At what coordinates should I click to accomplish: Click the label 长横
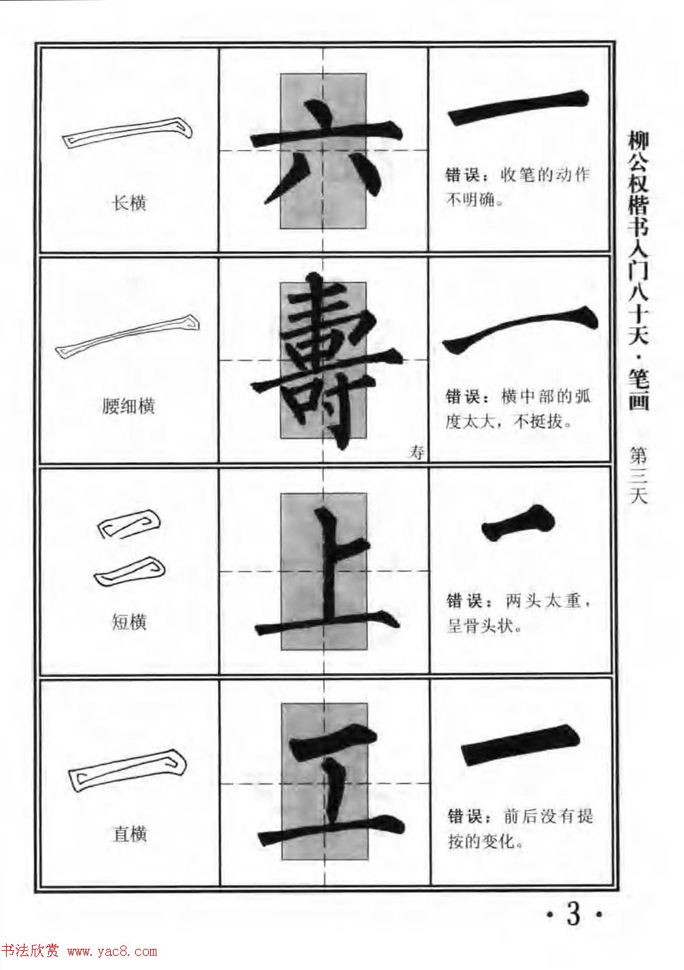coord(129,203)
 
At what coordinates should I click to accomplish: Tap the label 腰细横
coord(129,406)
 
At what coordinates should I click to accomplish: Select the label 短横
coord(129,621)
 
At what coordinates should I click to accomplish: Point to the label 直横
coord(129,834)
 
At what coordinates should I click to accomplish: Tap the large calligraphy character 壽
coord(324,361)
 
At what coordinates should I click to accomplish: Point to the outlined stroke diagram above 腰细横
coord(128,336)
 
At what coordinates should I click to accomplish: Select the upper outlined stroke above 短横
coord(130,526)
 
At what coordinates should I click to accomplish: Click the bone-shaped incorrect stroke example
coord(518,524)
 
